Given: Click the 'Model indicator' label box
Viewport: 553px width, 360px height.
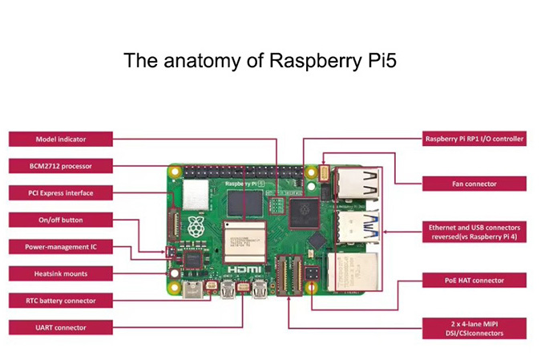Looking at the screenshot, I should pos(61,139).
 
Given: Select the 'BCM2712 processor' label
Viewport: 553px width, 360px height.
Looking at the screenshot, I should pos(61,166).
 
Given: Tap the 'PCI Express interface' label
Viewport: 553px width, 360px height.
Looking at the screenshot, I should pos(61,193).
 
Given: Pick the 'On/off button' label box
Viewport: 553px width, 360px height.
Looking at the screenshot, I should pos(61,220).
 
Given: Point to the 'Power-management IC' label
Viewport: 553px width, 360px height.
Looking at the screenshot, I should pos(61,247).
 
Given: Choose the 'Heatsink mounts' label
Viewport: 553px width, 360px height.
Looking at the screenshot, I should pos(61,273).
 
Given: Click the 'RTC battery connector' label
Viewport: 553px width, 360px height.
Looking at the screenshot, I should pos(61,301).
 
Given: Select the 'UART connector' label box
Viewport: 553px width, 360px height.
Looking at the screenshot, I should pos(61,327).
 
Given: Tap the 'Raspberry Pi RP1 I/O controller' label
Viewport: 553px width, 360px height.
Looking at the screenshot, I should pos(474,139).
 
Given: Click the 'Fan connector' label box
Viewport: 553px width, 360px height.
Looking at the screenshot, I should pos(474,184).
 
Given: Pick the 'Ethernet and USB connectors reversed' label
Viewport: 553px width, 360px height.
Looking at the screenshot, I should pos(474,233).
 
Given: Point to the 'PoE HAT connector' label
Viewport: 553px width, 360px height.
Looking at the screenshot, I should pos(474,281).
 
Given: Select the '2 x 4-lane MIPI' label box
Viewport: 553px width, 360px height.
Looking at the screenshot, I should pos(474,327).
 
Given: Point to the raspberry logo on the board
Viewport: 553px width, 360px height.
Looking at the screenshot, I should pos(194,226).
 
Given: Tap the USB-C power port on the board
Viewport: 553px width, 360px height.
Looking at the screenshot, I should pos(193,289).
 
